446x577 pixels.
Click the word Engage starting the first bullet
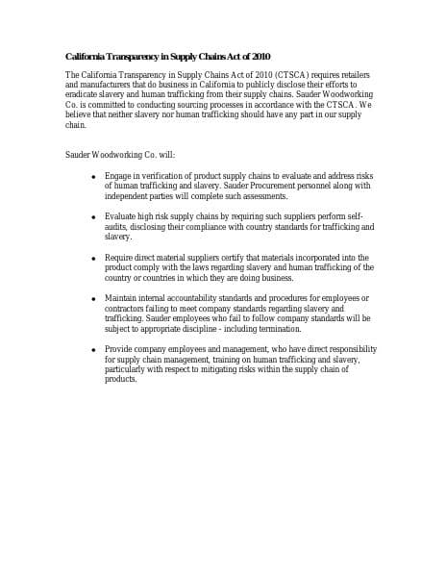119,176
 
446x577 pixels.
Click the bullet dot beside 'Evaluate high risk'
92,217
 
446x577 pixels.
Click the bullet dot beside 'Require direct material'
92,258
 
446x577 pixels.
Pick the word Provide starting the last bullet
120,349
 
